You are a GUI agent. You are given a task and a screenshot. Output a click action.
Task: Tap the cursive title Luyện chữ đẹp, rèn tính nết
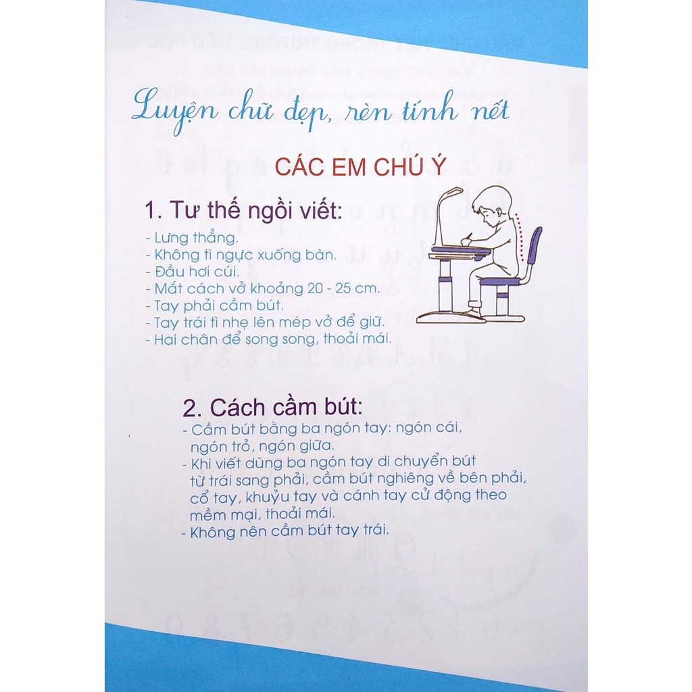coord(320,109)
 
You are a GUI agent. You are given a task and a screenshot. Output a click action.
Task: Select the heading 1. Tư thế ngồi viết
coord(243,212)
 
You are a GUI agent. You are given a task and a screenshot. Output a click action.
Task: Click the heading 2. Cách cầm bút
coord(273,407)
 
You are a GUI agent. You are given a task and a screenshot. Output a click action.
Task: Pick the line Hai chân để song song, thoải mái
coord(268,339)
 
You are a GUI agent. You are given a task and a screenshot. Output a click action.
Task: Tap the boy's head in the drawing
coord(492,206)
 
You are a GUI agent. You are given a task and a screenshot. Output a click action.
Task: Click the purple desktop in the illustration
coord(460,251)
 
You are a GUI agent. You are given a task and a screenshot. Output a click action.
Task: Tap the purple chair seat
coord(501,280)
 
